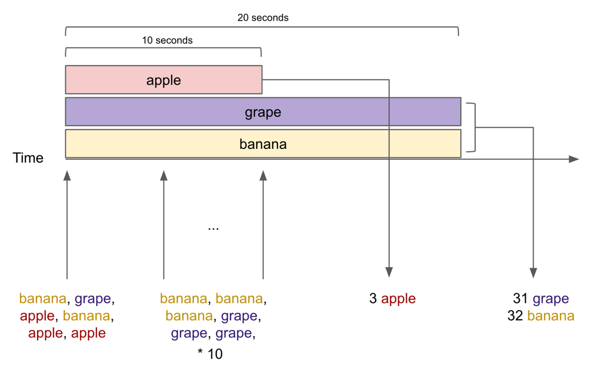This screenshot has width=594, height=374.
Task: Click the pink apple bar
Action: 164,80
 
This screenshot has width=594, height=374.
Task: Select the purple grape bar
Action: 263,112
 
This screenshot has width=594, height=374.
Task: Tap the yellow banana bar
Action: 263,143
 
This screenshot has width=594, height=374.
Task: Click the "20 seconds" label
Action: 263,18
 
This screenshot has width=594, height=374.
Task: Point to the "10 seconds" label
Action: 167,40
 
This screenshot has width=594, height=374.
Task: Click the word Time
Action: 28,158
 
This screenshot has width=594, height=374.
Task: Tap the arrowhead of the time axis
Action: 574,159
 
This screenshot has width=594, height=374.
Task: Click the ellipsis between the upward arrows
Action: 213,229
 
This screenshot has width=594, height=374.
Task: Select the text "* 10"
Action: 210,354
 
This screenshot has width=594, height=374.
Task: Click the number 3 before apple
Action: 373,298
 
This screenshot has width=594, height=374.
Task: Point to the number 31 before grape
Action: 520,298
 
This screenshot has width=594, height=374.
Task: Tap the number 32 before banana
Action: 515,316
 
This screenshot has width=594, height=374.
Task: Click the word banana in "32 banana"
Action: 551,316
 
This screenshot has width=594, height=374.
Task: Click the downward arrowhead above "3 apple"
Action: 389,272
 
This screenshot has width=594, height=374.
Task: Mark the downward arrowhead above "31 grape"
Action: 533,273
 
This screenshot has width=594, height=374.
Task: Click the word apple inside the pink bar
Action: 164,81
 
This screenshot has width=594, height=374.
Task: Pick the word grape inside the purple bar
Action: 263,113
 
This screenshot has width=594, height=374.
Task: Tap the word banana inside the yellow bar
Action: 263,144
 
